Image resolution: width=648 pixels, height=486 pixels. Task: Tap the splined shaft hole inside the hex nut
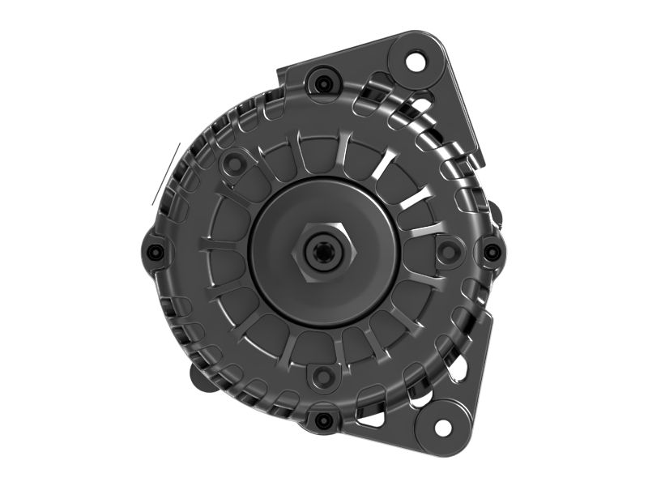pyautogui.click(x=323, y=252)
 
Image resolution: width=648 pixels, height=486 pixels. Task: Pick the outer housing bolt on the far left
pyautogui.click(x=156, y=251)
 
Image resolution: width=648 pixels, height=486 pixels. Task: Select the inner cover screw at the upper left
pyautogui.click(x=233, y=164)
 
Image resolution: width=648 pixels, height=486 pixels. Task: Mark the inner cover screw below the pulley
pyautogui.click(x=324, y=376)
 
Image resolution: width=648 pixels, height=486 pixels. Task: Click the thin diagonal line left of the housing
pyautogui.click(x=166, y=173)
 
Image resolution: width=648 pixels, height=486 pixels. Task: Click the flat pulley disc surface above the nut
pyautogui.click(x=323, y=202)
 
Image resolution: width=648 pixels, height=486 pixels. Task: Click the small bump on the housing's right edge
pyautogui.click(x=496, y=217)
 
